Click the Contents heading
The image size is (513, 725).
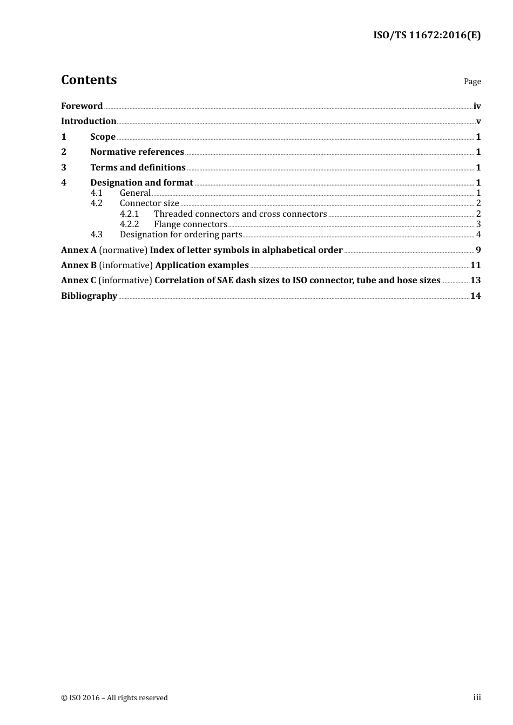(x=89, y=80)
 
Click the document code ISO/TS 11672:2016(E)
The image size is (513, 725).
(x=427, y=36)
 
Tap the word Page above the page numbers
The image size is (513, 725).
(x=472, y=81)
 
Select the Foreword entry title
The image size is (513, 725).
(x=82, y=106)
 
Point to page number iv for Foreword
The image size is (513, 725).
(x=477, y=106)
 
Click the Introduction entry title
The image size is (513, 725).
(x=89, y=121)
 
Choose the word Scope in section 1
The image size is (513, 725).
(x=103, y=137)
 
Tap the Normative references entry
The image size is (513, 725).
(x=137, y=152)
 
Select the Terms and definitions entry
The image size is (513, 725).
(x=138, y=168)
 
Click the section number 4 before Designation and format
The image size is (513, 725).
(x=64, y=183)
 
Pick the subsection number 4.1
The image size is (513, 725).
(x=96, y=193)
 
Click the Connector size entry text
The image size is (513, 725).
(x=149, y=203)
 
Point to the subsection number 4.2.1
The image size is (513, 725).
(x=129, y=214)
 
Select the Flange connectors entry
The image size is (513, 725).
(x=191, y=224)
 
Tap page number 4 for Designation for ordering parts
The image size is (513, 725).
(x=478, y=235)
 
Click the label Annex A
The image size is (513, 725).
(x=79, y=250)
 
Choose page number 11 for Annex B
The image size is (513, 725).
(x=475, y=265)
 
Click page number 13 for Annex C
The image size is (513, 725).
(x=475, y=281)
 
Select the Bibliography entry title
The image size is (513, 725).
(x=89, y=296)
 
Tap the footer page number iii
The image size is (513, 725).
(x=477, y=697)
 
